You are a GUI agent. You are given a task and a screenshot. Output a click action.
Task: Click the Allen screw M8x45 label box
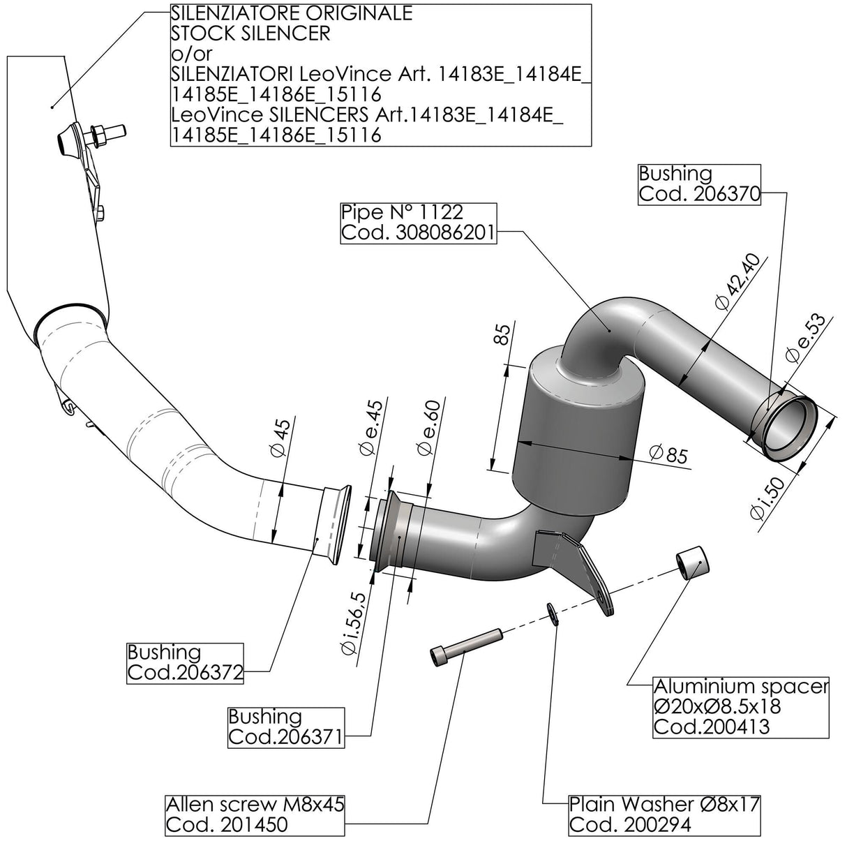(255, 814)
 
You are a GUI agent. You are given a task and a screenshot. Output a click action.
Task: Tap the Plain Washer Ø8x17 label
(664, 814)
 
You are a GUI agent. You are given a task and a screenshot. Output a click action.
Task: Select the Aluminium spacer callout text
(740, 706)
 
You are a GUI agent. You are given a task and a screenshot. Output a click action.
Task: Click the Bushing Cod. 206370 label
(698, 184)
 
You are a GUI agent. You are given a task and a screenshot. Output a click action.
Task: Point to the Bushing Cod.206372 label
(184, 662)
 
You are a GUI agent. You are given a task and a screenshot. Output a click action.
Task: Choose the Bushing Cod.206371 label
(286, 727)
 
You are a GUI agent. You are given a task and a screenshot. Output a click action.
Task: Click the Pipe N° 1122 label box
(419, 222)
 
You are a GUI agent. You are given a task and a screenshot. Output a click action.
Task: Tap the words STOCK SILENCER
(250, 33)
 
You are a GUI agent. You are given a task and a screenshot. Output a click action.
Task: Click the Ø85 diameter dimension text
(668, 454)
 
